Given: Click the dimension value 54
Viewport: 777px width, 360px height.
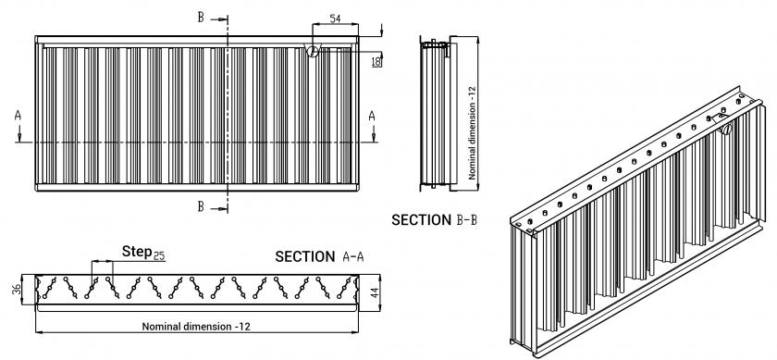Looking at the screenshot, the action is click(335, 19).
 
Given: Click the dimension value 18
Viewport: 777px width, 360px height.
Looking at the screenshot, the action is click(376, 61).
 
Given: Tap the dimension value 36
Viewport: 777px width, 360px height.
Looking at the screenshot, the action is click(17, 289).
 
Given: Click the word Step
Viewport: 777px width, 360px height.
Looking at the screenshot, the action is click(137, 252).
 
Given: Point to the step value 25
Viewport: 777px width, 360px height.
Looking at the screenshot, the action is click(158, 255).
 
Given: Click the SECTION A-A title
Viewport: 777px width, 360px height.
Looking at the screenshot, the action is click(320, 257).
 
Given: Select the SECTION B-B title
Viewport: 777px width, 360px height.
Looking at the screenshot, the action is click(434, 220).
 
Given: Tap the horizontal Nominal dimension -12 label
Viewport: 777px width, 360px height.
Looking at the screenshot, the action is click(196, 327).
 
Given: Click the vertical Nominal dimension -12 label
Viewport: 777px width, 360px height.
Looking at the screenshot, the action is click(472, 133).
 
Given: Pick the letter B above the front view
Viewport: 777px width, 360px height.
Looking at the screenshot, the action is click(201, 18).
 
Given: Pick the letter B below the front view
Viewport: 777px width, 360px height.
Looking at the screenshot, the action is click(201, 206).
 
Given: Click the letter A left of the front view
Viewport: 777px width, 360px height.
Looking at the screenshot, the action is click(18, 116).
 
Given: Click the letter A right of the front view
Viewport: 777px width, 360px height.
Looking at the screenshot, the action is click(372, 116).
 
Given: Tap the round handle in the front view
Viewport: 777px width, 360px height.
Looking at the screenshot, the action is click(313, 51).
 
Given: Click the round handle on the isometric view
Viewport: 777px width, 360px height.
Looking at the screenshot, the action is click(726, 129).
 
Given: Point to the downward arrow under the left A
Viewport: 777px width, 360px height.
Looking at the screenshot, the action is click(18, 134).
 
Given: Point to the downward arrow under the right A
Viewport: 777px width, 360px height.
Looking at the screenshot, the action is click(373, 134).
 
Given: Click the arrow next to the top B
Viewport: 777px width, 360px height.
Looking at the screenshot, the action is click(219, 19).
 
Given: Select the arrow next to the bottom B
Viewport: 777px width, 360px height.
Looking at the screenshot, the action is click(219, 209).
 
